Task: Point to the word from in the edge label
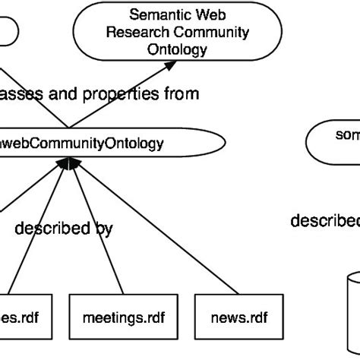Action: tap(182, 94)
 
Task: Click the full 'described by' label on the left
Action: tap(64, 228)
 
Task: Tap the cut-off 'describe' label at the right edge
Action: tap(325, 221)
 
